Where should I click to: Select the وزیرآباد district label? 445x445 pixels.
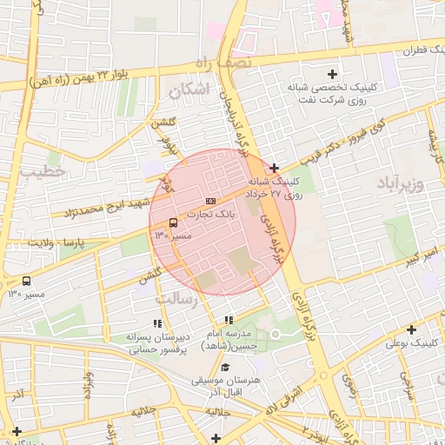click(401, 183)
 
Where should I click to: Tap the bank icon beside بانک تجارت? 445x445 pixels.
click(210, 201)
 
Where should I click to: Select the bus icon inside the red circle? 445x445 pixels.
click(173, 222)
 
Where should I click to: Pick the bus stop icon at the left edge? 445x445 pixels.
click(26, 281)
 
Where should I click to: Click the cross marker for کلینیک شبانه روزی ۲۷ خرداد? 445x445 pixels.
click(274, 168)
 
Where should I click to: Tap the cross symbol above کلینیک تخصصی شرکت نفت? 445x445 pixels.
click(332, 74)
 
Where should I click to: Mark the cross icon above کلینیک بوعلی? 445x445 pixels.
click(411, 329)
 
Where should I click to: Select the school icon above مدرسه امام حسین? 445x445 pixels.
click(229, 321)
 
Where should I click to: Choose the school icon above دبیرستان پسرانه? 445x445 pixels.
click(156, 323)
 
